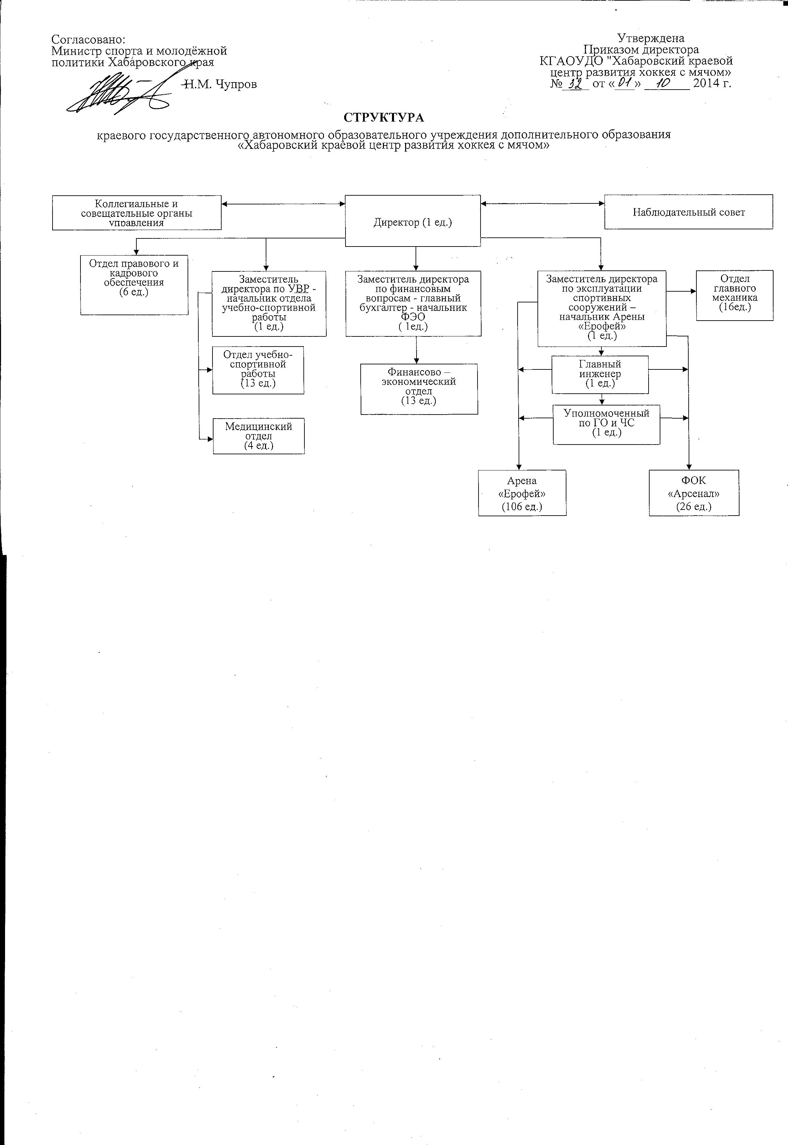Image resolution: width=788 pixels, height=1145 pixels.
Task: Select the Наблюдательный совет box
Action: click(688, 212)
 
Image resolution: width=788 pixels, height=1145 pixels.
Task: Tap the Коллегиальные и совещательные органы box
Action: click(137, 213)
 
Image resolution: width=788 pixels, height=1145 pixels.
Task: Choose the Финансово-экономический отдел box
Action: click(419, 389)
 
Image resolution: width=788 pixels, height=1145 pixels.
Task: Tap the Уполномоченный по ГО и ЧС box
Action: click(606, 424)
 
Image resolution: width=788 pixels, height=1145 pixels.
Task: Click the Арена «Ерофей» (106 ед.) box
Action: click(522, 493)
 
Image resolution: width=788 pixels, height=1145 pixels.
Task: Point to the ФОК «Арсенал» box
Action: click(694, 493)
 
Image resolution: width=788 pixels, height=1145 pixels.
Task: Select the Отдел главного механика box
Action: click(734, 295)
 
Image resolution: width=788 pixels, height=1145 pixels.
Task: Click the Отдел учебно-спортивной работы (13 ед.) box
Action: click(258, 370)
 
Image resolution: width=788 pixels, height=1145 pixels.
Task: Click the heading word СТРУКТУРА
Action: click(384, 118)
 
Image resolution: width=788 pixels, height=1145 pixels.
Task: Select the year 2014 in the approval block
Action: click(708, 83)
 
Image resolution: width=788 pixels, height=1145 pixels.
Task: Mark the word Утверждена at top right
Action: click(651, 38)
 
